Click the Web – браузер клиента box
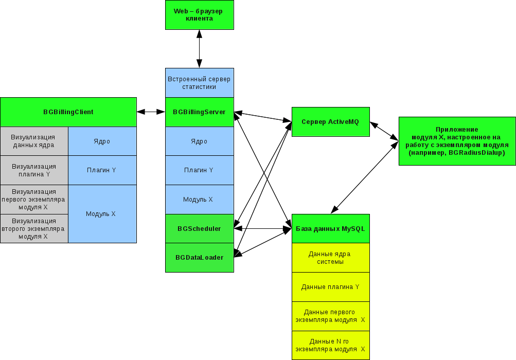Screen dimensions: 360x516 coord(199,15)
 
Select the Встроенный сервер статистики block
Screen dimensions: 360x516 coord(199,83)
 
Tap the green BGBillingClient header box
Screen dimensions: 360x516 coord(68,112)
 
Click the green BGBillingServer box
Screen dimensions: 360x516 coord(199,112)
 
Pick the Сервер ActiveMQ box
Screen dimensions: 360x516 coord(330,122)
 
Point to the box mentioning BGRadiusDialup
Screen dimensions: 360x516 coord(457,141)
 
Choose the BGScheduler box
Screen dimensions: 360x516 coord(199,228)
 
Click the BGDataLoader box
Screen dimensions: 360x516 coord(199,257)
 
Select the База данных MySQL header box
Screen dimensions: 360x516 coord(330,228)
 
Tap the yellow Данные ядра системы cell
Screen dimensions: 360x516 coord(330,258)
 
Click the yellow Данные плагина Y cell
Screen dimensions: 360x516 coord(330,287)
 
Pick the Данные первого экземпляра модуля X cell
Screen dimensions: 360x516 coord(330,316)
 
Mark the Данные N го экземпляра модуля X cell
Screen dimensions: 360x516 coord(330,345)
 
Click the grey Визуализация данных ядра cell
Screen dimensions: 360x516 coord(34,141)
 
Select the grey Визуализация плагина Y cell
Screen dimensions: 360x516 coord(34,170)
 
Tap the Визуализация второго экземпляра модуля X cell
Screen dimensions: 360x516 coord(34,228)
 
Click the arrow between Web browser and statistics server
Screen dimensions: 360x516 coord(199,48)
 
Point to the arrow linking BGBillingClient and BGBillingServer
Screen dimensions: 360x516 coord(151,112)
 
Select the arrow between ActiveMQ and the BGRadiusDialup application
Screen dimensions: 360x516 coord(384,131)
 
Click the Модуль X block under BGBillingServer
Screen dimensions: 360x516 coord(199,199)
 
